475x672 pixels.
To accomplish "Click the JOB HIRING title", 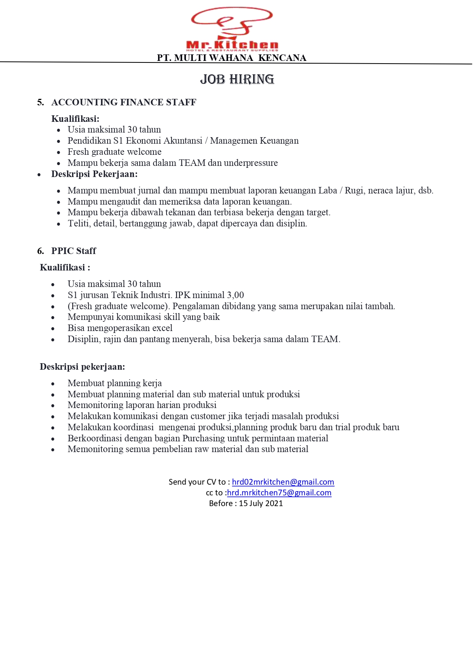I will [x=237, y=79].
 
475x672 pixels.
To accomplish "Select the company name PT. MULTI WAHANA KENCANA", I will [x=232, y=58].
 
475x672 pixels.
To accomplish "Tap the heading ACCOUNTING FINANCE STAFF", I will [x=124, y=102].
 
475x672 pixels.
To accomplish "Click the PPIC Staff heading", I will [x=73, y=251].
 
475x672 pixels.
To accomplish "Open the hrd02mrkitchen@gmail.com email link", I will [x=283, y=482].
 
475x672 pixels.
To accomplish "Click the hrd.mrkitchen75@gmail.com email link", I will [x=279, y=493].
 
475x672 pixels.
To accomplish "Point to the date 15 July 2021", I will [x=261, y=503].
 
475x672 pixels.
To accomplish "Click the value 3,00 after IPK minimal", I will [x=235, y=295].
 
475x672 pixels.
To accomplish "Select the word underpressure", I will [x=251, y=163].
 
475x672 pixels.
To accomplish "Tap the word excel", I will [x=162, y=328].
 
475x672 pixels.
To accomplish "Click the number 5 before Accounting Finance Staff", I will [x=40, y=102].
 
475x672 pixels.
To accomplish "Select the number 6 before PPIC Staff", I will [x=40, y=251].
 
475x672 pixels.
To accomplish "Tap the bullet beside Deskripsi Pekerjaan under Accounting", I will [x=39, y=175].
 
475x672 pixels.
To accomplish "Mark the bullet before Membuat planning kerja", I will [x=53, y=384].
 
